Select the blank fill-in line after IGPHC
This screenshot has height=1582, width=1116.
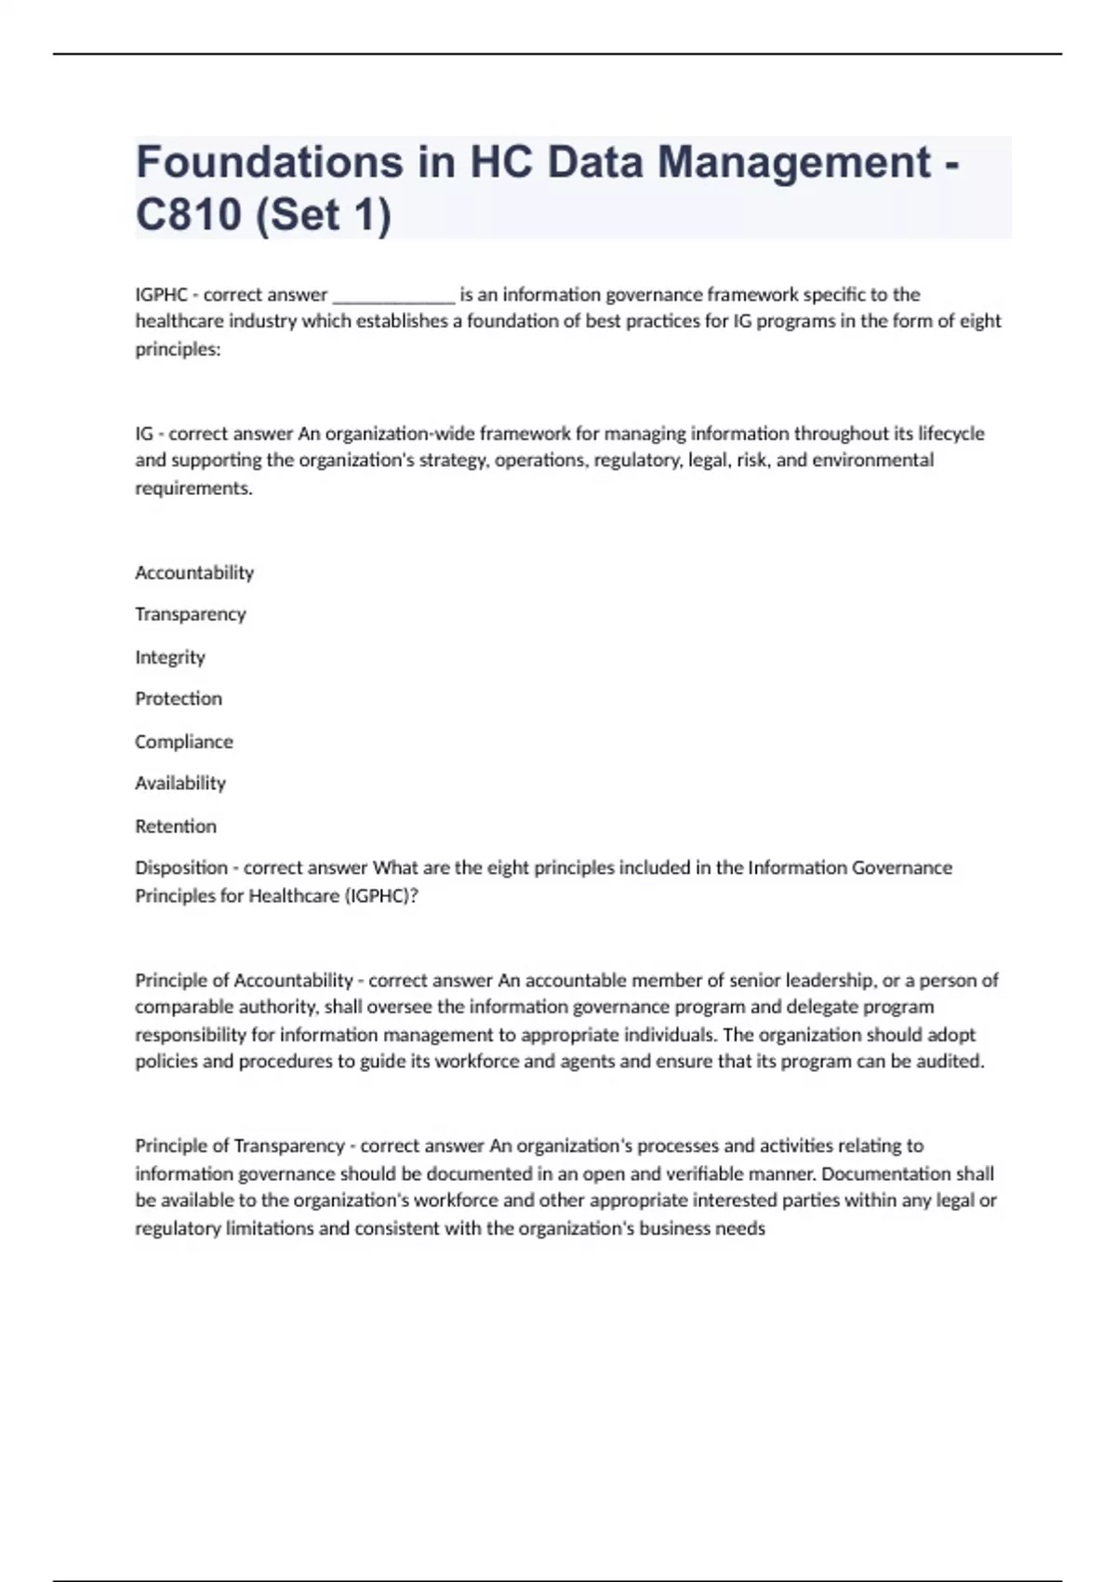click(393, 297)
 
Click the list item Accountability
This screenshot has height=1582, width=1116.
click(194, 572)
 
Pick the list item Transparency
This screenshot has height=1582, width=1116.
click(191, 614)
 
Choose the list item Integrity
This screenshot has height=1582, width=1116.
click(170, 657)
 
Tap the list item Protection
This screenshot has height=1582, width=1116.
click(179, 699)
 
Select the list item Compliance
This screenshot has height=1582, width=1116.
click(184, 742)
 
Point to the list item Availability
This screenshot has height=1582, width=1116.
click(180, 784)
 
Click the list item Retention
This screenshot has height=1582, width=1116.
click(176, 826)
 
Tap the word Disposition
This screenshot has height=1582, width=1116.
click(181, 868)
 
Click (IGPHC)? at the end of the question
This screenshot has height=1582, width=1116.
click(381, 896)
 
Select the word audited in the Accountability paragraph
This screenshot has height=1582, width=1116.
click(950, 1062)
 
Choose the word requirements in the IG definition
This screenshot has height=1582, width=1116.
click(193, 489)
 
